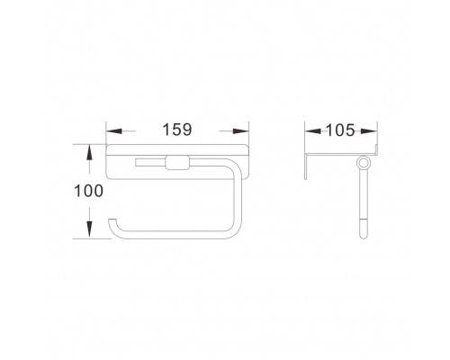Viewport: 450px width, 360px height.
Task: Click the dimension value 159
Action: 177,130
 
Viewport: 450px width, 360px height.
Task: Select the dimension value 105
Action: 340,130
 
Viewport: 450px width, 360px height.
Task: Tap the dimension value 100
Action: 88,191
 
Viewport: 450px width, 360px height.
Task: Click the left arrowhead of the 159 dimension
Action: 114,131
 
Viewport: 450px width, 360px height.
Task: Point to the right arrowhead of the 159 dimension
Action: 241,131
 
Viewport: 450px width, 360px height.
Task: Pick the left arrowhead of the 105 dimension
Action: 313,131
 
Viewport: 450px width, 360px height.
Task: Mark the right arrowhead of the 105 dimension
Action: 369,131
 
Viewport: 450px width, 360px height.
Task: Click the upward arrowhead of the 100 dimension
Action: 89,152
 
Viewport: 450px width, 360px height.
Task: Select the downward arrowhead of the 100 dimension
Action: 89,230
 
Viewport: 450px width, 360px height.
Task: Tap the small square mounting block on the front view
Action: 177,162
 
